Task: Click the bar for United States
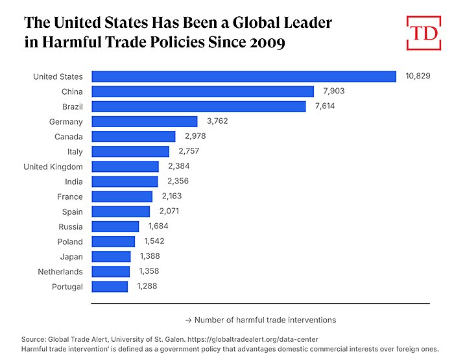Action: [244, 77]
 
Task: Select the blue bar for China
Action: [202, 91]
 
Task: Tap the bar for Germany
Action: [145, 121]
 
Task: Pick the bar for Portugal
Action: [110, 286]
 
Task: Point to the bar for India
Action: [125, 182]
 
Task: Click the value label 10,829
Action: [418, 77]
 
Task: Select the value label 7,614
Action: [324, 106]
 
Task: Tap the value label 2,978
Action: [194, 136]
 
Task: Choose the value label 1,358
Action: [149, 271]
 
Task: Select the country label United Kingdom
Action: [53, 167]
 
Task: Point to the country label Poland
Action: [70, 241]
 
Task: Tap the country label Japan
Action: [71, 256]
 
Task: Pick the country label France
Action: [70, 197]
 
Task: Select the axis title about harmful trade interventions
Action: [260, 320]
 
